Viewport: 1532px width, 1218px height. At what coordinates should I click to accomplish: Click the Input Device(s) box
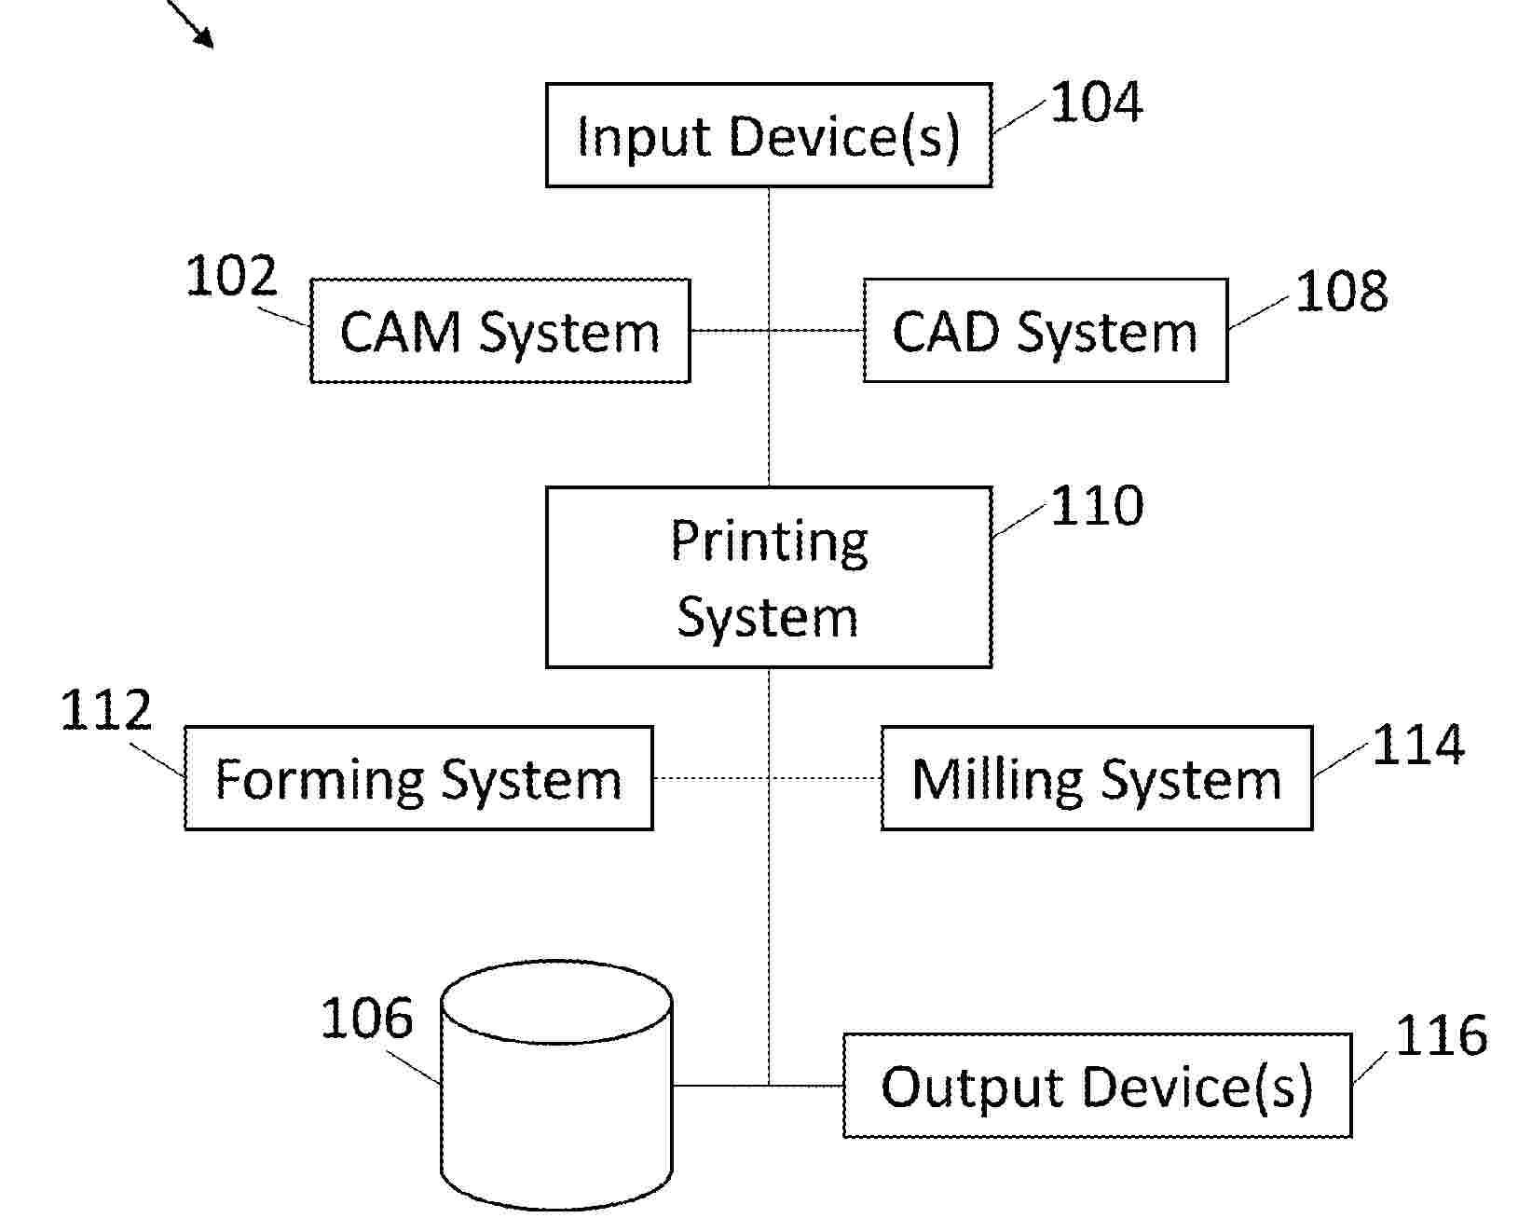[x=768, y=136]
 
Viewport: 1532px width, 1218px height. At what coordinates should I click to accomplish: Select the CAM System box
[x=499, y=331]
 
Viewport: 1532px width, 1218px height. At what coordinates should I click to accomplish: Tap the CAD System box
[x=1045, y=331]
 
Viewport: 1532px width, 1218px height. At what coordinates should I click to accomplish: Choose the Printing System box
[x=768, y=577]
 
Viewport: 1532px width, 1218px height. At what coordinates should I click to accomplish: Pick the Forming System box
[x=418, y=778]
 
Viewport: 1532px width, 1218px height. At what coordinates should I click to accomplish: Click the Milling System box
[x=1096, y=778]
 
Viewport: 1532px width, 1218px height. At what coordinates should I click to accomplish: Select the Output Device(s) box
[x=1097, y=1086]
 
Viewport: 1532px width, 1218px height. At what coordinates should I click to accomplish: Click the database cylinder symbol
[x=556, y=1086]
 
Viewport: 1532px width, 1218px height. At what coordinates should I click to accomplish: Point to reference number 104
[x=1096, y=103]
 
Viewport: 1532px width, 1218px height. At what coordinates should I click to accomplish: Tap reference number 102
[x=231, y=277]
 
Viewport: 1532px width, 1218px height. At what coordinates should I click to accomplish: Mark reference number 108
[x=1341, y=291]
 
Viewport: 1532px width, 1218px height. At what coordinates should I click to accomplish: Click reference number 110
[x=1097, y=506]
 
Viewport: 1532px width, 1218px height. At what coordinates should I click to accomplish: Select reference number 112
[x=105, y=711]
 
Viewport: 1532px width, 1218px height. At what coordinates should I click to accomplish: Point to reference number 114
[x=1418, y=746]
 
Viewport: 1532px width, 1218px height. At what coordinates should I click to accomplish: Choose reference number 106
[x=366, y=1019]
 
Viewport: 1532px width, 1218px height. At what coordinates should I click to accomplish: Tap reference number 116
[x=1441, y=1036]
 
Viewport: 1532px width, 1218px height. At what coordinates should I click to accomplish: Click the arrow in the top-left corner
[x=192, y=23]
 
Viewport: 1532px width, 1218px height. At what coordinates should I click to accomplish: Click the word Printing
[x=769, y=541]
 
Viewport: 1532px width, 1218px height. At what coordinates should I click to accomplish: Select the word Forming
[x=320, y=779]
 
